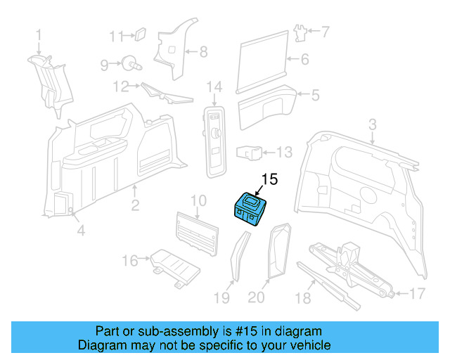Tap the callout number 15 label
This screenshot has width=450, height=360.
coord(270,180)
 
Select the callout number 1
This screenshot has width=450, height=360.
coord(39,33)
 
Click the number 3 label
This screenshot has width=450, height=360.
coord(373,124)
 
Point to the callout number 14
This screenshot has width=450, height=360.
coord(214,87)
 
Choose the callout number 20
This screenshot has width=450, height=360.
coord(257,298)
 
